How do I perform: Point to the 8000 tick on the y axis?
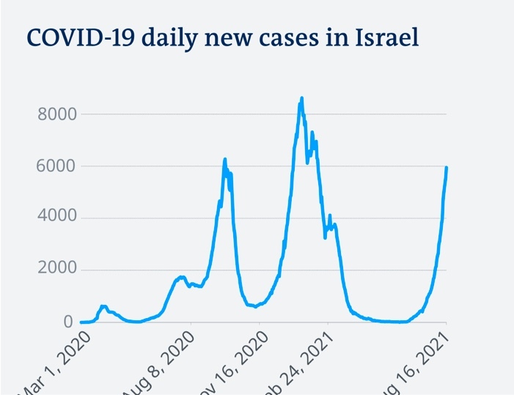point(56,114)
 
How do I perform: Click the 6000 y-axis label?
point(56,166)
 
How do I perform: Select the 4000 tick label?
point(56,218)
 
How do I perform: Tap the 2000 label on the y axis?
point(56,270)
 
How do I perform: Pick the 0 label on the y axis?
point(68,322)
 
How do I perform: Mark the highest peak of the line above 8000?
point(301,98)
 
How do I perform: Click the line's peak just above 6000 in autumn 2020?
point(225,159)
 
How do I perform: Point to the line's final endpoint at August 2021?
point(447,168)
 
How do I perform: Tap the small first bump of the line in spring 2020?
point(103,306)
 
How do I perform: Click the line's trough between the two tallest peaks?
point(255,306)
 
